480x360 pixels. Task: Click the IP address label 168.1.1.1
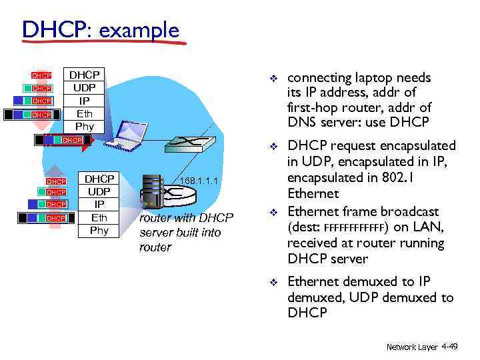(x=199, y=180)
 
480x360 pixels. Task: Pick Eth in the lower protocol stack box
(x=99, y=217)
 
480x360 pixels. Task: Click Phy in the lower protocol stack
(x=99, y=231)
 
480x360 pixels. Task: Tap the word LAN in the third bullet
(x=429, y=227)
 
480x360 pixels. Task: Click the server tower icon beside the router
(x=152, y=191)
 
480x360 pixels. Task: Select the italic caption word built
(x=203, y=232)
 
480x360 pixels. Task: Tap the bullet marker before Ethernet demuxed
(x=273, y=283)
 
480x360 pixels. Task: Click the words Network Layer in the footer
(x=412, y=347)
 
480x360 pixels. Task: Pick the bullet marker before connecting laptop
(x=273, y=79)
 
